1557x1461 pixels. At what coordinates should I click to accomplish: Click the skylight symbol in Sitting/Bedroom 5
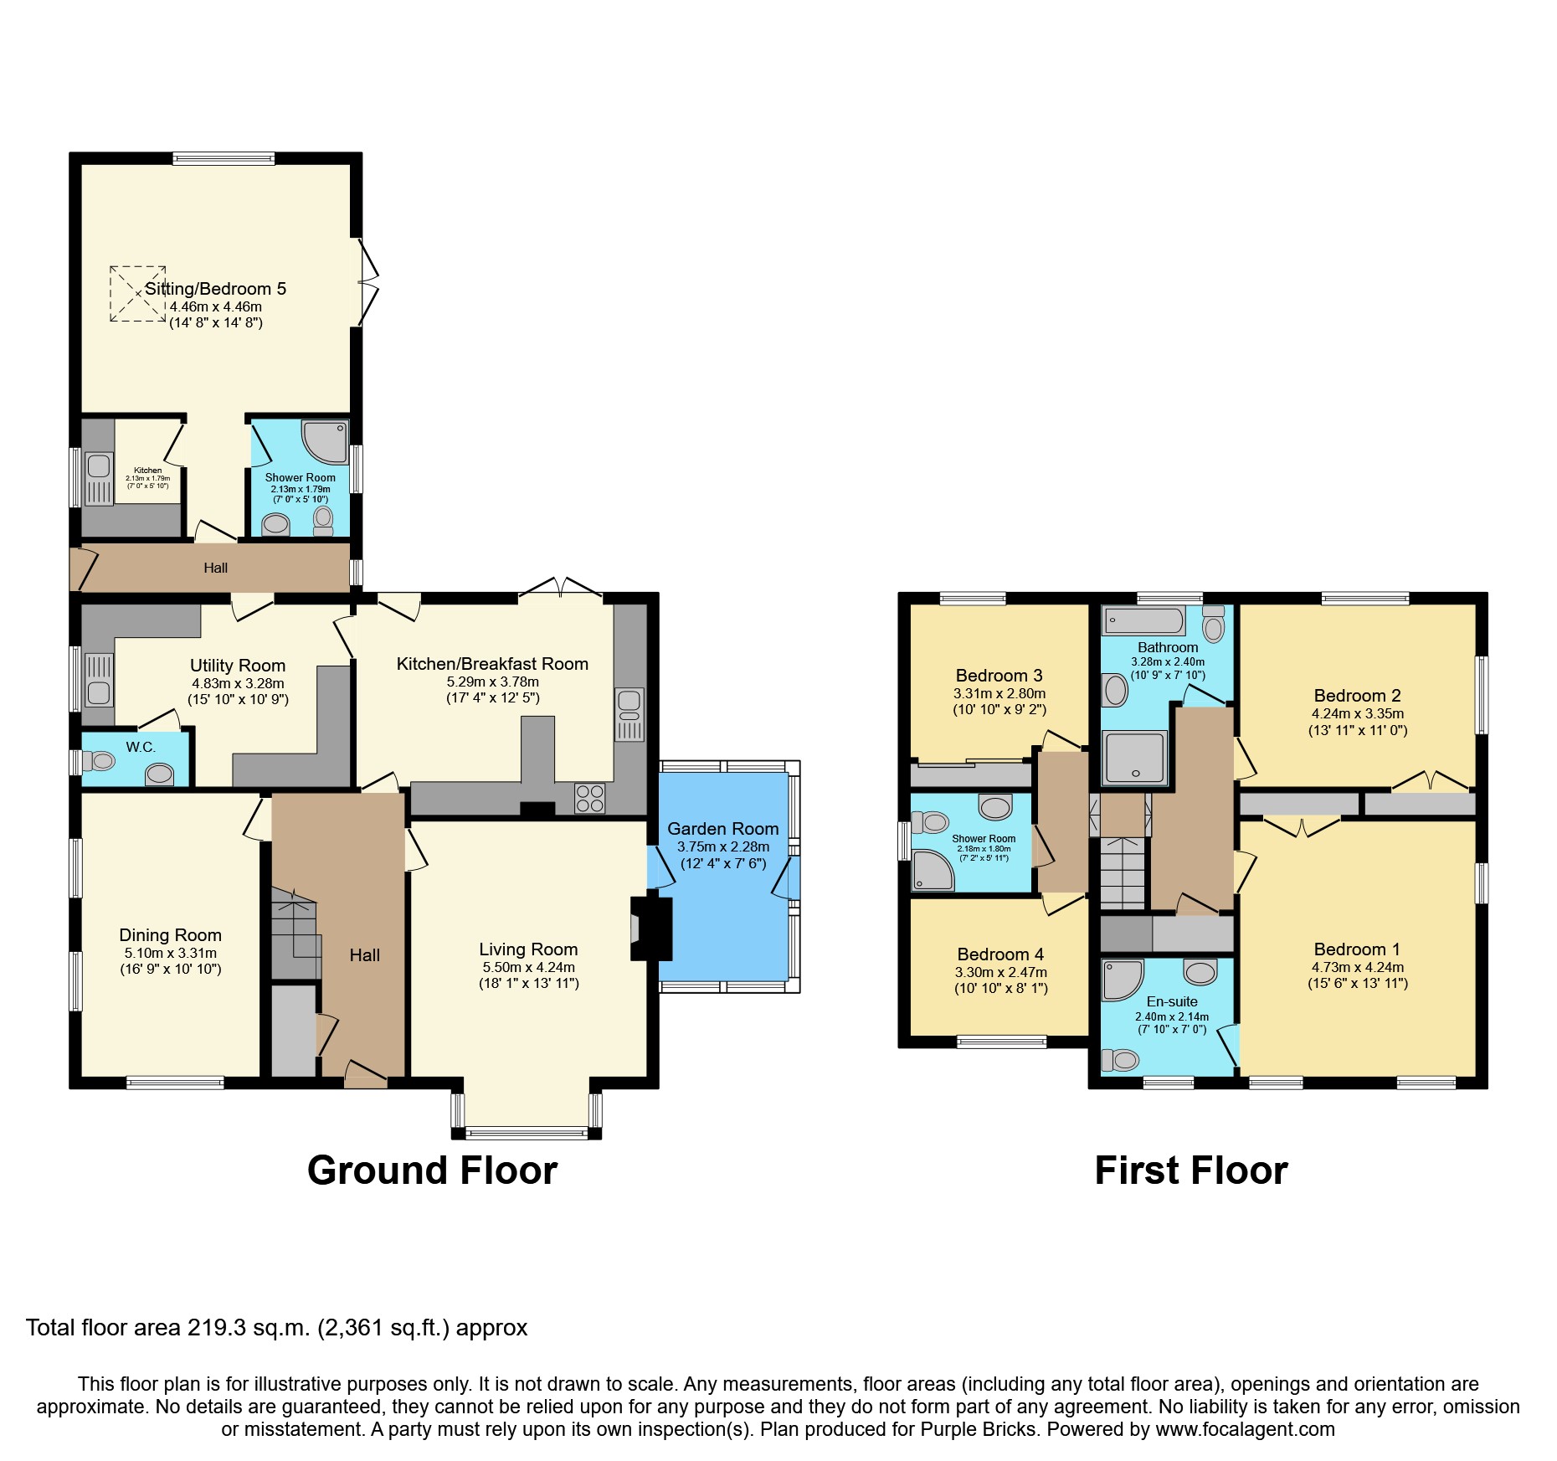137,294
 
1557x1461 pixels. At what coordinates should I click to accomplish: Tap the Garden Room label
722,829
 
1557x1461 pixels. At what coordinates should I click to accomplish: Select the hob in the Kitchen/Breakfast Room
589,798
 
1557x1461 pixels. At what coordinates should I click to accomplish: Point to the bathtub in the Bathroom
1143,621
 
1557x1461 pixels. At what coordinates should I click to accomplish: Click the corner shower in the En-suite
1123,980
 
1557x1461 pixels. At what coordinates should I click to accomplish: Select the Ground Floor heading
432,1170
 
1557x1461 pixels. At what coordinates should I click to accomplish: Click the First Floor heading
1190,1170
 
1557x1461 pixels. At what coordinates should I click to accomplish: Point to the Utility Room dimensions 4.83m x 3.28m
238,683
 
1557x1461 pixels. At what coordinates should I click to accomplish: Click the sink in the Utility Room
99,692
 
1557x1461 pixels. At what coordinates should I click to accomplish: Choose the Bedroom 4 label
1000,954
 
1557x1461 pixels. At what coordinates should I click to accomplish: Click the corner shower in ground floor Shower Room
325,441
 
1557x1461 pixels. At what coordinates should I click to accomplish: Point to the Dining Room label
170,935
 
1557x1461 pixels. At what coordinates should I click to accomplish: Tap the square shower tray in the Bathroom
1134,758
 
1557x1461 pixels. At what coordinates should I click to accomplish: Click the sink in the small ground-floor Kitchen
99,466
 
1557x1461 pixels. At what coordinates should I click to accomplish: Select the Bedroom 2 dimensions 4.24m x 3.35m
1357,714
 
